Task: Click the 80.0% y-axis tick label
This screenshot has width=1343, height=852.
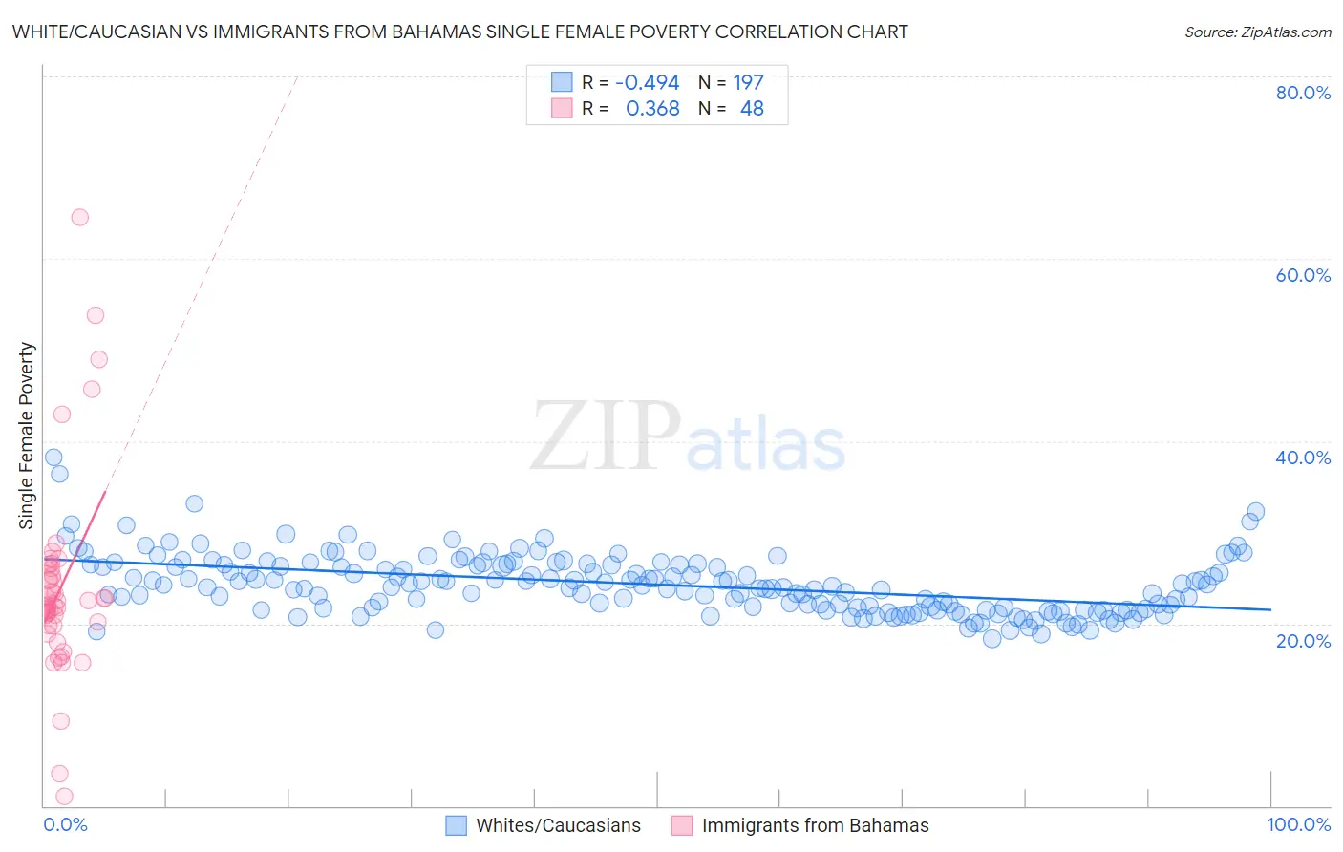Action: click(1303, 93)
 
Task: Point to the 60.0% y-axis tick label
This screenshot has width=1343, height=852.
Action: click(1303, 275)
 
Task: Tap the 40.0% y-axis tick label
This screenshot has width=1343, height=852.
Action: click(1303, 458)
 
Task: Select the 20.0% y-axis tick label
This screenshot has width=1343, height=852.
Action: click(1303, 640)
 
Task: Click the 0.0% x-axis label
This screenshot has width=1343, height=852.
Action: click(65, 824)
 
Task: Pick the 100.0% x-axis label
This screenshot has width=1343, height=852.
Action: click(1298, 824)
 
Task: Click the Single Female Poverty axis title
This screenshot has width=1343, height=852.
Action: click(27, 436)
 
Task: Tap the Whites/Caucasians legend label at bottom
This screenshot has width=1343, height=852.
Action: click(558, 825)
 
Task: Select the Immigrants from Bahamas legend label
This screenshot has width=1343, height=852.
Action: click(815, 825)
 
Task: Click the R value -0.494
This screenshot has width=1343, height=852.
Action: click(647, 83)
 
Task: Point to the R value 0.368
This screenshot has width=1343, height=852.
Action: click(652, 109)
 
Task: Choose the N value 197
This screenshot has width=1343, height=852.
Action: click(748, 83)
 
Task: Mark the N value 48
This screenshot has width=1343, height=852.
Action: click(752, 109)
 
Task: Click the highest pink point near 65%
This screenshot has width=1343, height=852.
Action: click(80, 217)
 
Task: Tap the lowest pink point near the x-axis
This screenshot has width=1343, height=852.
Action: click(64, 797)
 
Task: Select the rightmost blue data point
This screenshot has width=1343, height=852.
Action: click(1255, 512)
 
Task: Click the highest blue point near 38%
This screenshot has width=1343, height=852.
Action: click(53, 458)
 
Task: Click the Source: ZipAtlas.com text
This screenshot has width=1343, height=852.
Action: click(1257, 32)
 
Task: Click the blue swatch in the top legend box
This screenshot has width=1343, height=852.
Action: click(562, 83)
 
